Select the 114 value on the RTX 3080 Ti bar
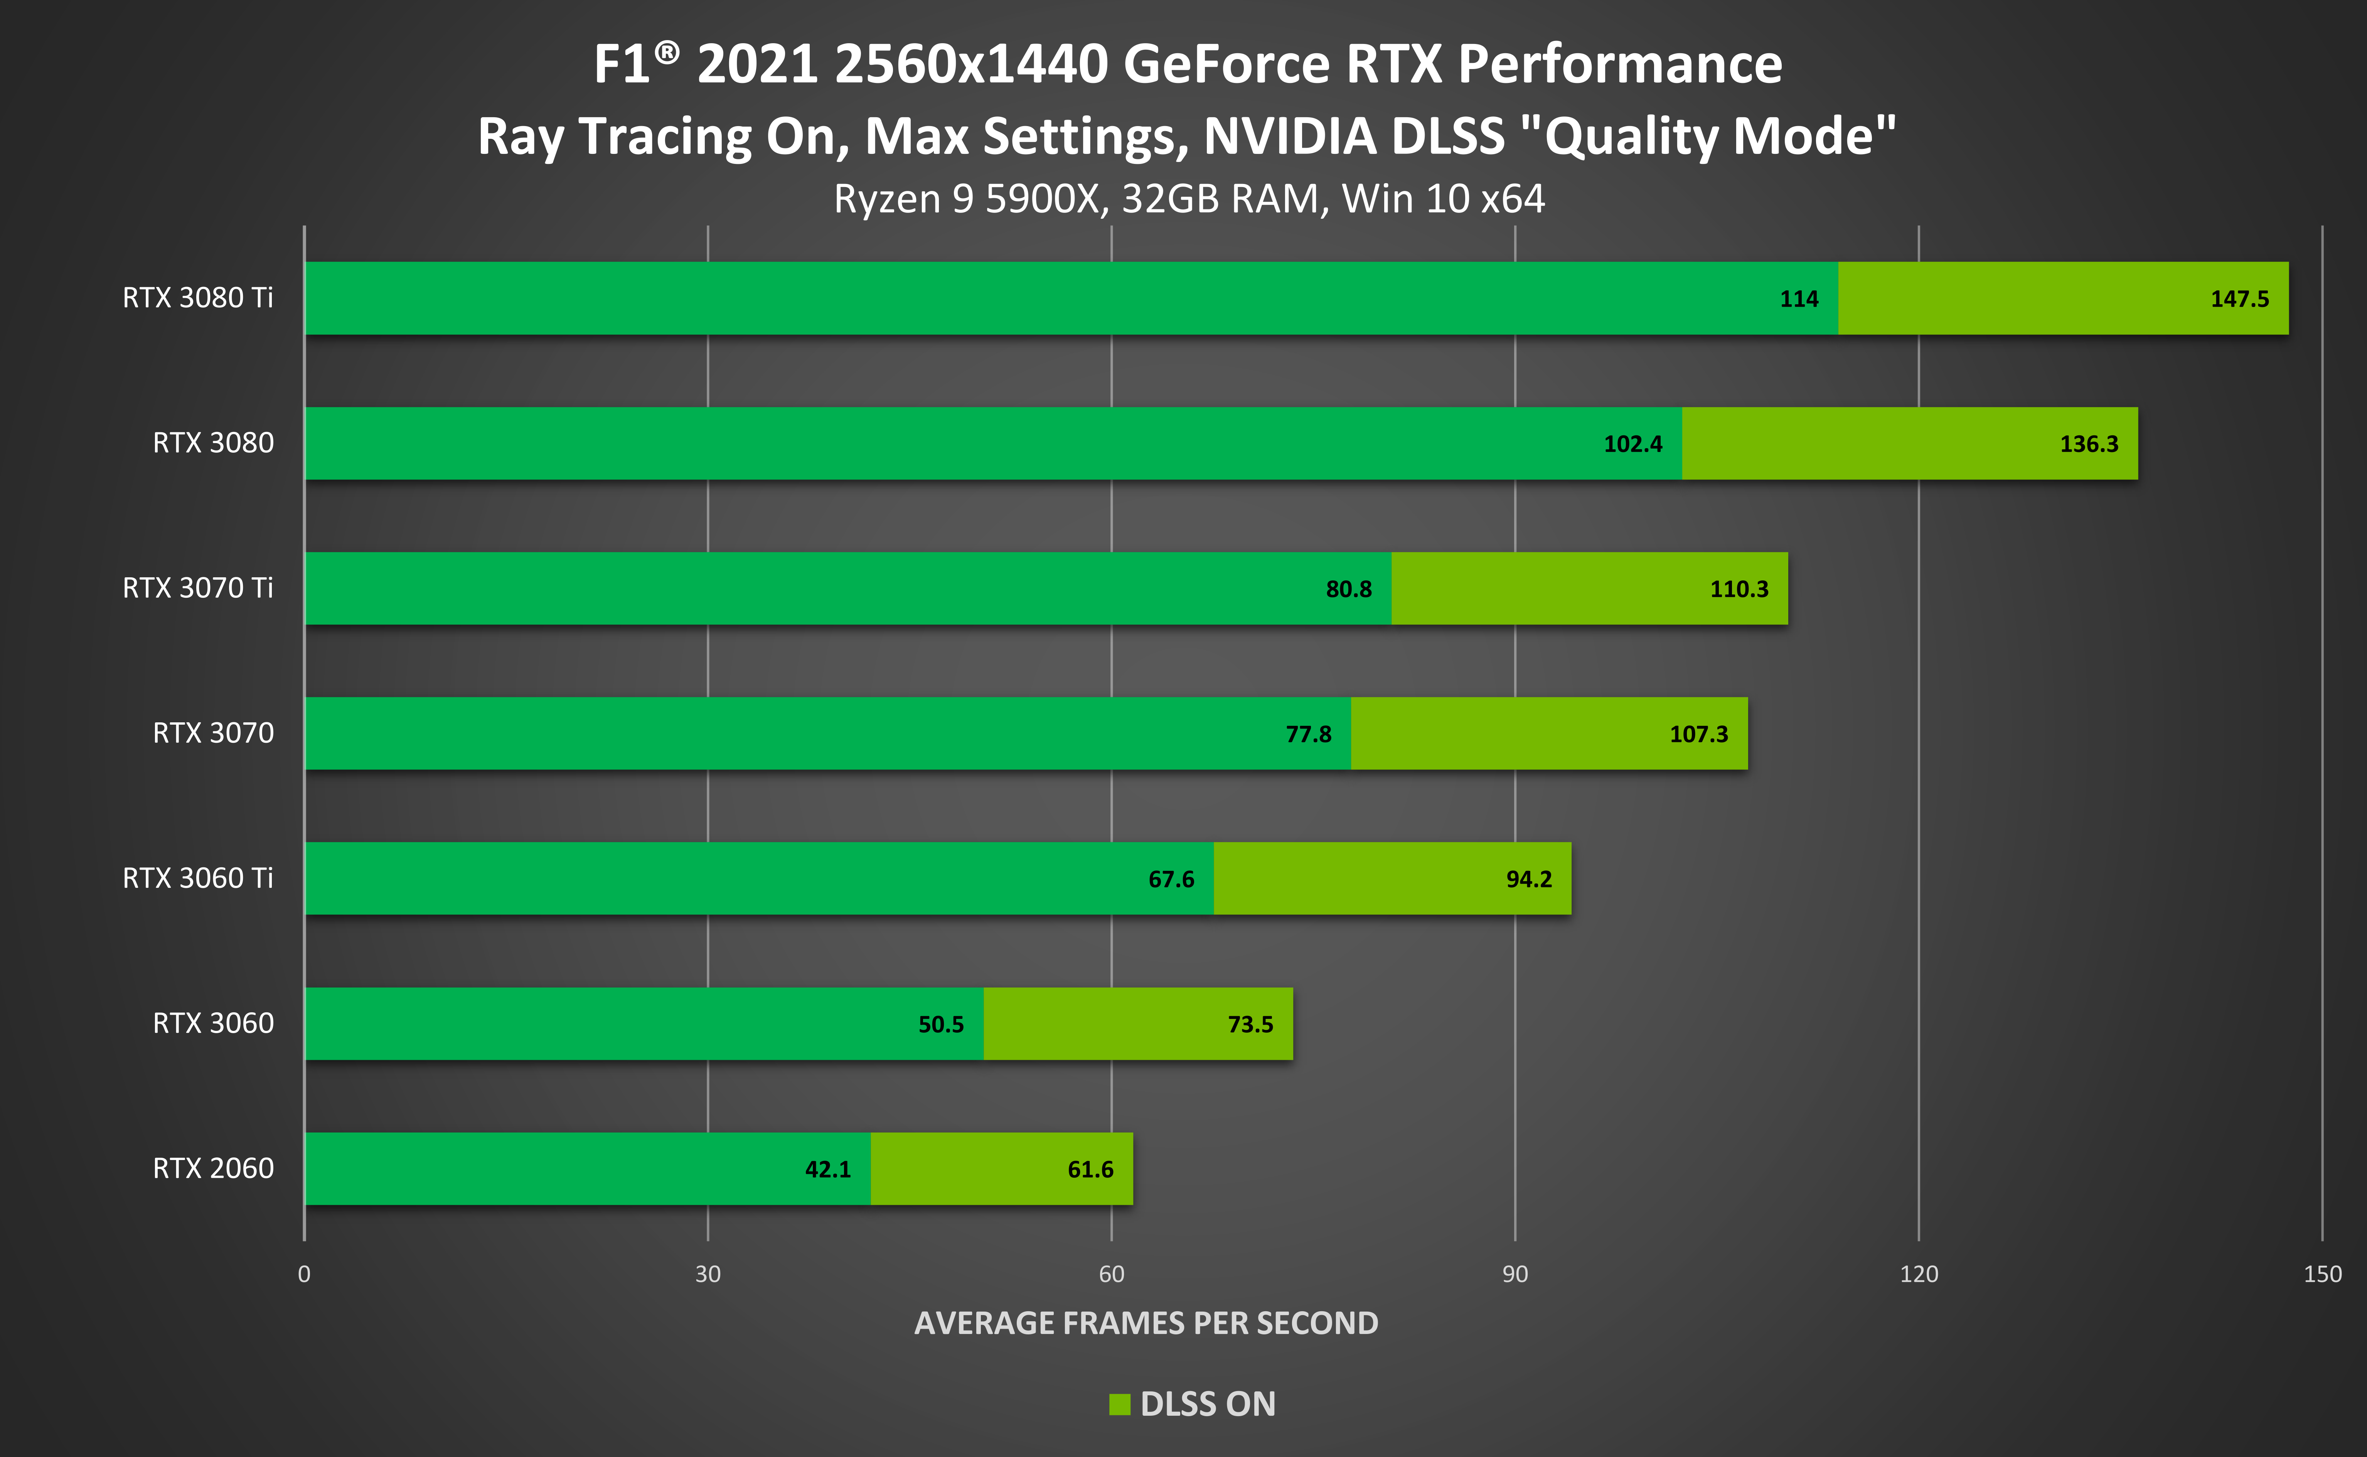(x=1799, y=299)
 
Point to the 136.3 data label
(x=2089, y=444)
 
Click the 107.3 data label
(x=1698, y=734)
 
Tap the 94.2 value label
(x=1529, y=879)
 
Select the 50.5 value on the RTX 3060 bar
(x=940, y=1024)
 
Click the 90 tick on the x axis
(x=1515, y=1274)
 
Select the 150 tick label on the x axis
(x=2322, y=1274)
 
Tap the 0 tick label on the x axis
(x=305, y=1274)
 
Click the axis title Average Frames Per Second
(x=1146, y=1323)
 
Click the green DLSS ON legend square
(x=1119, y=1404)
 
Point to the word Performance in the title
(x=1619, y=64)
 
